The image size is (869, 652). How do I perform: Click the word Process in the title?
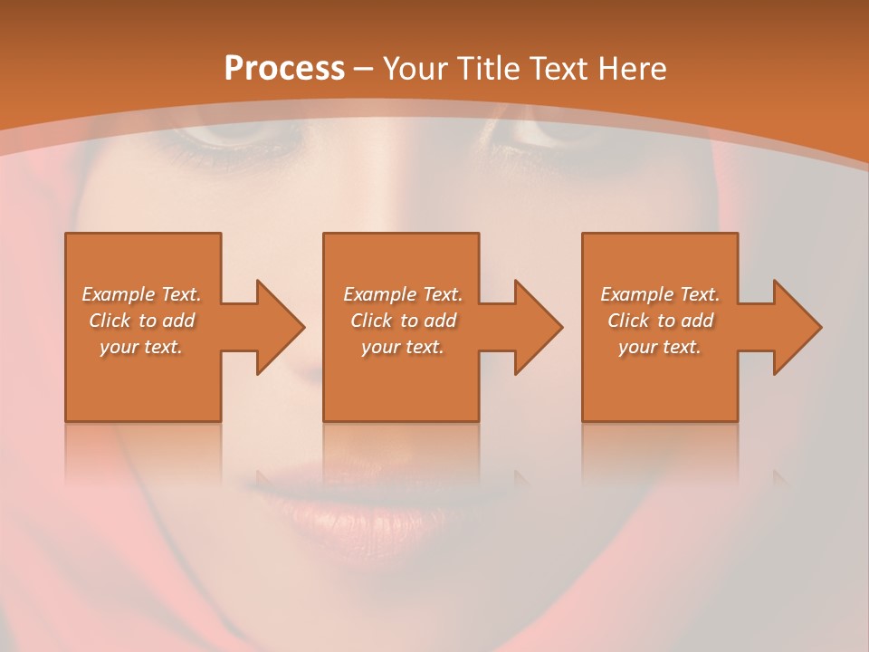click(284, 69)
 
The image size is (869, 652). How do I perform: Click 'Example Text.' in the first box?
click(141, 294)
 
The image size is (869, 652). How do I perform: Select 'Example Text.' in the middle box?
click(403, 294)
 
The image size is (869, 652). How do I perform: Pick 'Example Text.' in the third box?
click(660, 294)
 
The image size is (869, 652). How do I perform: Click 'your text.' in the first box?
click(141, 347)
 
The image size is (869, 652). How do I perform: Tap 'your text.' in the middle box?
click(403, 347)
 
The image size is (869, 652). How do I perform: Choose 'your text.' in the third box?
click(660, 347)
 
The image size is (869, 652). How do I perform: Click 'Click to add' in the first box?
click(141, 321)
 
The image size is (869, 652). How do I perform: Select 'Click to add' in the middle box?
click(403, 321)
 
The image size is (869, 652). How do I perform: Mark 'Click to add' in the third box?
click(660, 321)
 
